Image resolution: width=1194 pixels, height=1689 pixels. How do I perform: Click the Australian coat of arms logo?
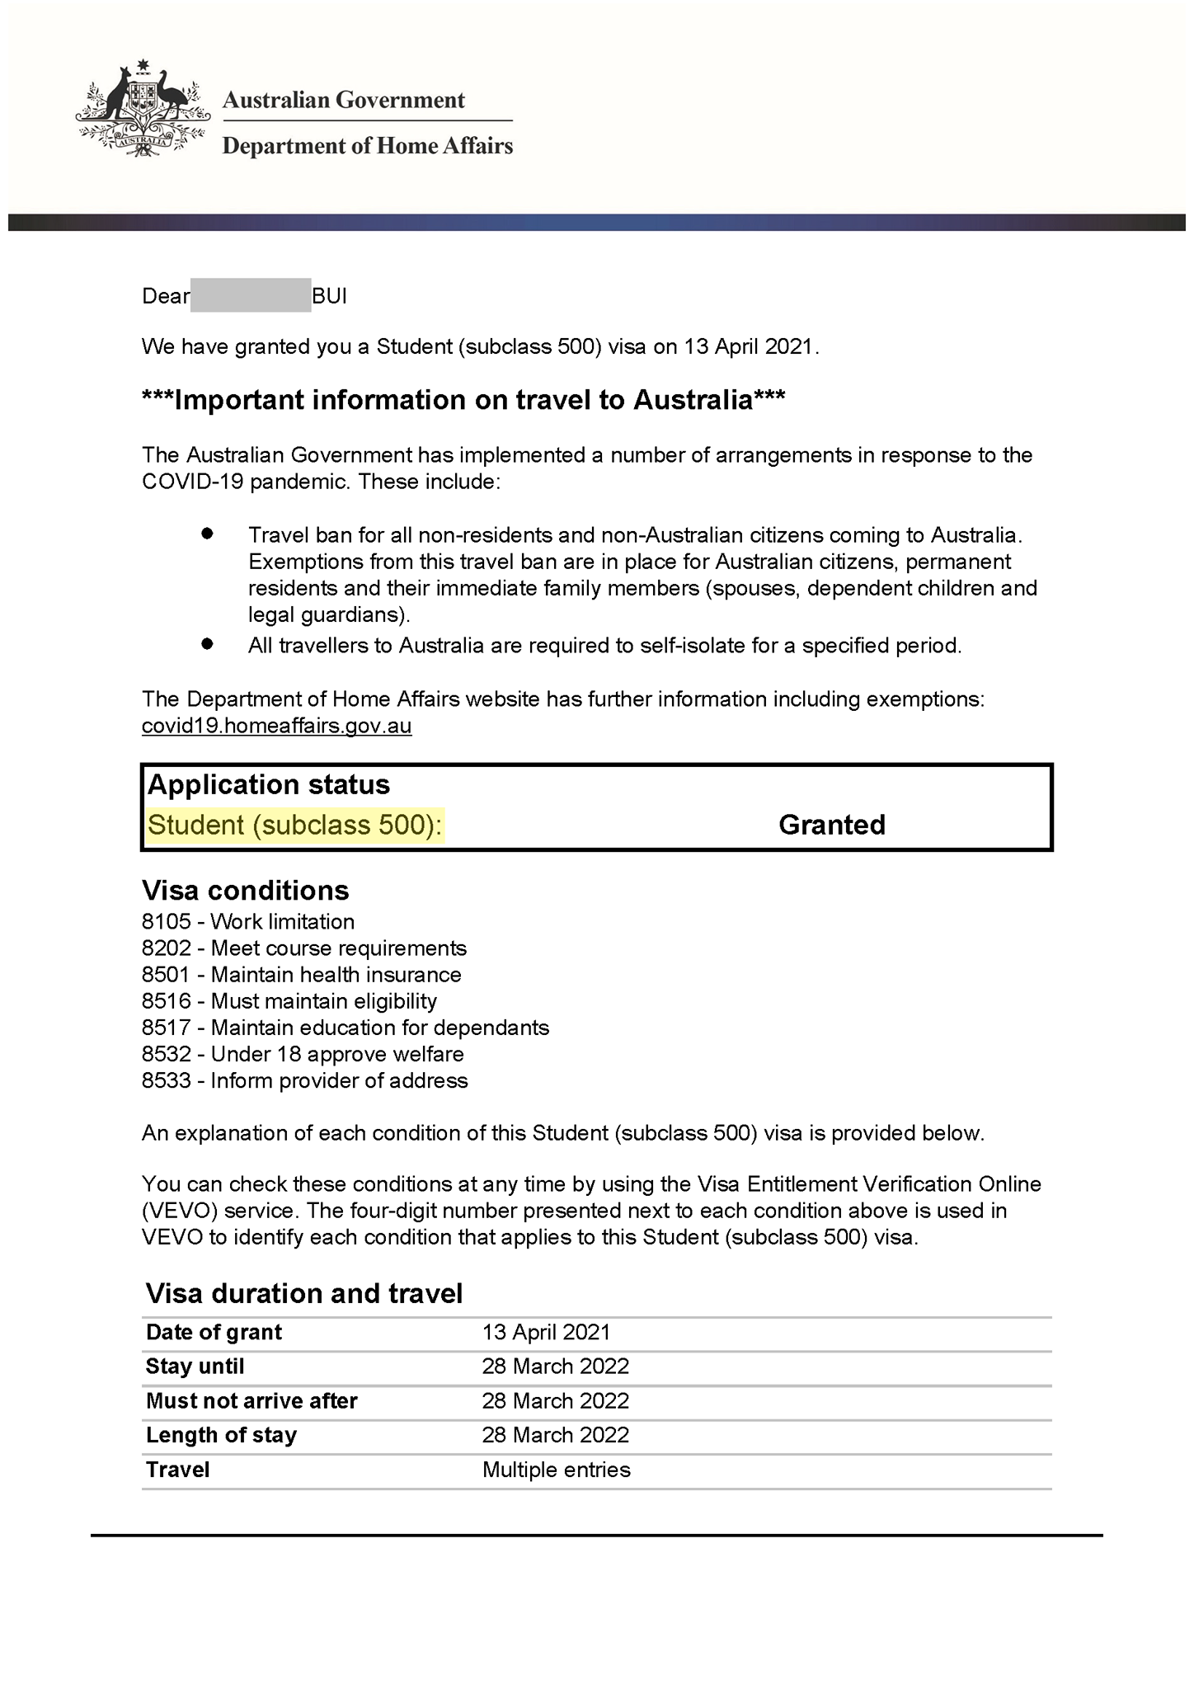142,107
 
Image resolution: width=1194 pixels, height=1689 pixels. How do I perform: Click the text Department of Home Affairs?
368,146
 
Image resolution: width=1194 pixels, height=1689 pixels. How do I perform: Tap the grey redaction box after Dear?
251,296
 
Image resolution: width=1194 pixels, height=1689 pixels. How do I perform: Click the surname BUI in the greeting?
330,296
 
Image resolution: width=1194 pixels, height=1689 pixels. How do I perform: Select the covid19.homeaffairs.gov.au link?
276,726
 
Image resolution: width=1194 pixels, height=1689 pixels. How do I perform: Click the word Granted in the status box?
831,825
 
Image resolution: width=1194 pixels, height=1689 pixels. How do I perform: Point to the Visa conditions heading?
245,891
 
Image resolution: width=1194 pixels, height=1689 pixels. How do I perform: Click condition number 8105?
166,922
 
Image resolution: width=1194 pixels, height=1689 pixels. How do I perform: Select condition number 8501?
166,975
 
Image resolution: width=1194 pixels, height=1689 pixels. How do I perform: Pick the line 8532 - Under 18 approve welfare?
303,1054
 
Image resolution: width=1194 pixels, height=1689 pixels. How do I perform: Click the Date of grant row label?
214,1333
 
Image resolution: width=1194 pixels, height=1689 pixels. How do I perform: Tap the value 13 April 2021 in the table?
546,1333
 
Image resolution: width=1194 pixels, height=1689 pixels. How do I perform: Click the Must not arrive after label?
251,1401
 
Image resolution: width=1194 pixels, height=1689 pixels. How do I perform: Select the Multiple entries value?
556,1470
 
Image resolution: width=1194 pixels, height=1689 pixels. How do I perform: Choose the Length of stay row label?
221,1435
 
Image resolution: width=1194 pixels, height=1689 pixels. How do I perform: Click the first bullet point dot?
207,534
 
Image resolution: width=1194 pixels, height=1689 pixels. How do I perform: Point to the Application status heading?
268,784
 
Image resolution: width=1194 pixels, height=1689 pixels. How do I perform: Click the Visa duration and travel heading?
304,1293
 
